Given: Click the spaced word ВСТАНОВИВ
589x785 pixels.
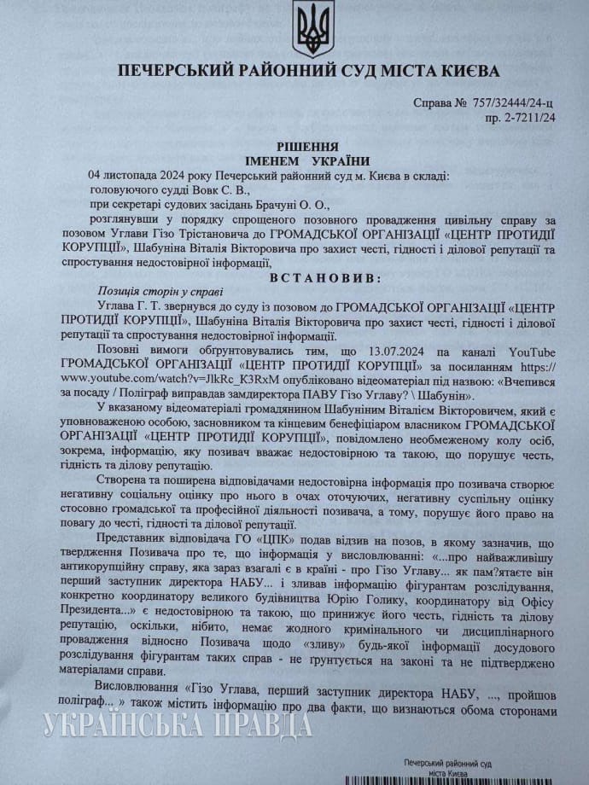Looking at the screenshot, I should (x=308, y=278).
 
